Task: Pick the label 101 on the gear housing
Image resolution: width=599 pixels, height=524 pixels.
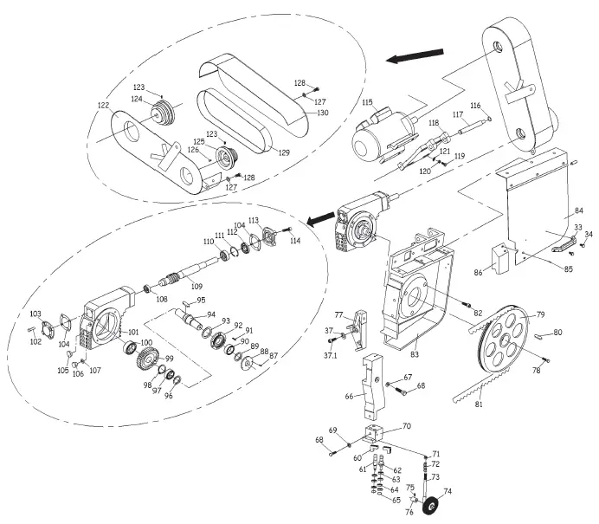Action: point(132,331)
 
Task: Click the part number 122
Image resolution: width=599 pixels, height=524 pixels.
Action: point(103,105)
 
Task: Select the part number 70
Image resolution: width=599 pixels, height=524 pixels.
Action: point(406,426)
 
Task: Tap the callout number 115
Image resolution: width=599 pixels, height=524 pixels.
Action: point(366,102)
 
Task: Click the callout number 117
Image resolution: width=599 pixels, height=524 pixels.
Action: point(458,113)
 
